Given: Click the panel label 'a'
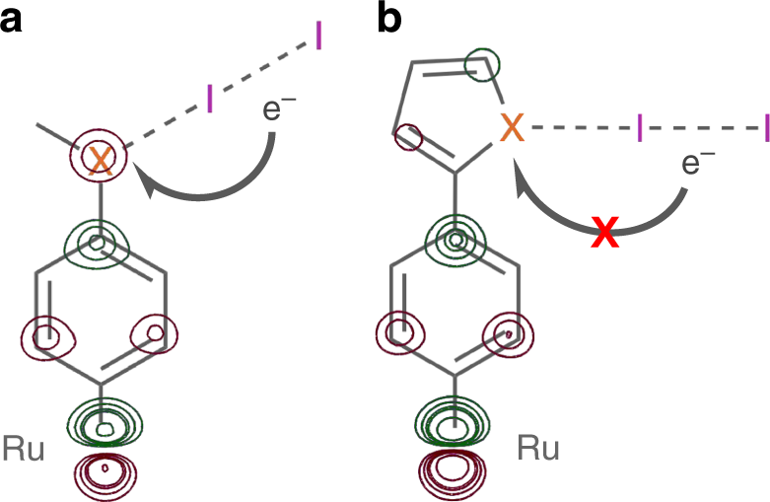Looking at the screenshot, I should pos(14,20).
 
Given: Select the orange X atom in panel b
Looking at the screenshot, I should pos(511,127).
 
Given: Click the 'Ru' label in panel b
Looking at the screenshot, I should pos(538,451).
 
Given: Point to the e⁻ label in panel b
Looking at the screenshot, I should pos(698,163).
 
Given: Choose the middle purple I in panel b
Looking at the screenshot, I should pos(641,127).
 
